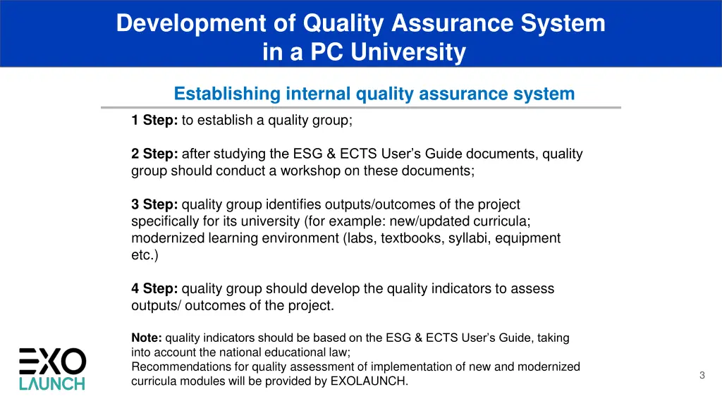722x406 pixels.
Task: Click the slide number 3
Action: pos(702,376)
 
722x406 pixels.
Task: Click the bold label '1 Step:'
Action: pos(154,121)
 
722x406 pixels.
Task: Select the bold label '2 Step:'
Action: pos(154,154)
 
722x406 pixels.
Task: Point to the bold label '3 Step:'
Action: pos(154,204)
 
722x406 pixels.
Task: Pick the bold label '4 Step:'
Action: pos(154,288)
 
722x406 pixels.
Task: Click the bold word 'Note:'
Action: pos(147,338)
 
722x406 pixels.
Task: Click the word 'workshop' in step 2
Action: pos(324,171)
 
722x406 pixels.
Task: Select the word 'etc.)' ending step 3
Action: pos(145,255)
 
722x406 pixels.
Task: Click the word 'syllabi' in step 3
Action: pos(469,238)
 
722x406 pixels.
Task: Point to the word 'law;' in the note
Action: pos(338,352)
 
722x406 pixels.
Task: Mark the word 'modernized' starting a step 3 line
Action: pos(168,238)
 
